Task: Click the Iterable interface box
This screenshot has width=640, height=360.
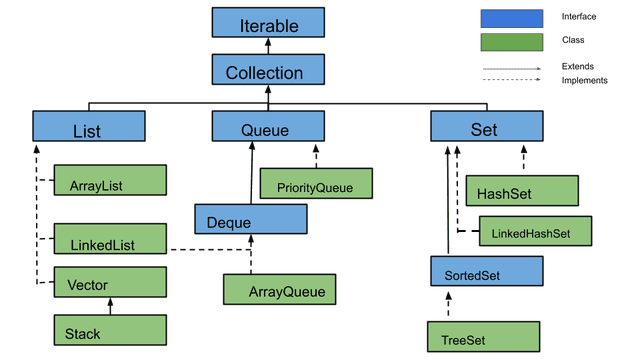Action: pos(268,23)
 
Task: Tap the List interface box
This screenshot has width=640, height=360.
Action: pos(88,127)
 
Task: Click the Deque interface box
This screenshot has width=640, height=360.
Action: pos(250,219)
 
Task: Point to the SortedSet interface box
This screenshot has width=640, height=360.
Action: pos(486,271)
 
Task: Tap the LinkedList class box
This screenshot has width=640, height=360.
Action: pos(108,239)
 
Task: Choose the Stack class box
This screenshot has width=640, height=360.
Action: pos(108,329)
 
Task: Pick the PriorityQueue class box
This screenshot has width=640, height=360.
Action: pos(315,184)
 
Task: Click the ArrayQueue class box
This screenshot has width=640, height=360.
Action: pos(279,289)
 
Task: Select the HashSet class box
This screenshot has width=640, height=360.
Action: pos(522,191)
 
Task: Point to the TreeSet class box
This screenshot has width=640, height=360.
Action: pos(483,337)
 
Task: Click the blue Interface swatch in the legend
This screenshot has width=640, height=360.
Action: pos(512,18)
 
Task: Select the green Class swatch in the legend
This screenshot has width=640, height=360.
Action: pos(512,41)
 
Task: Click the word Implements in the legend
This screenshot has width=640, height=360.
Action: pos(585,80)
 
